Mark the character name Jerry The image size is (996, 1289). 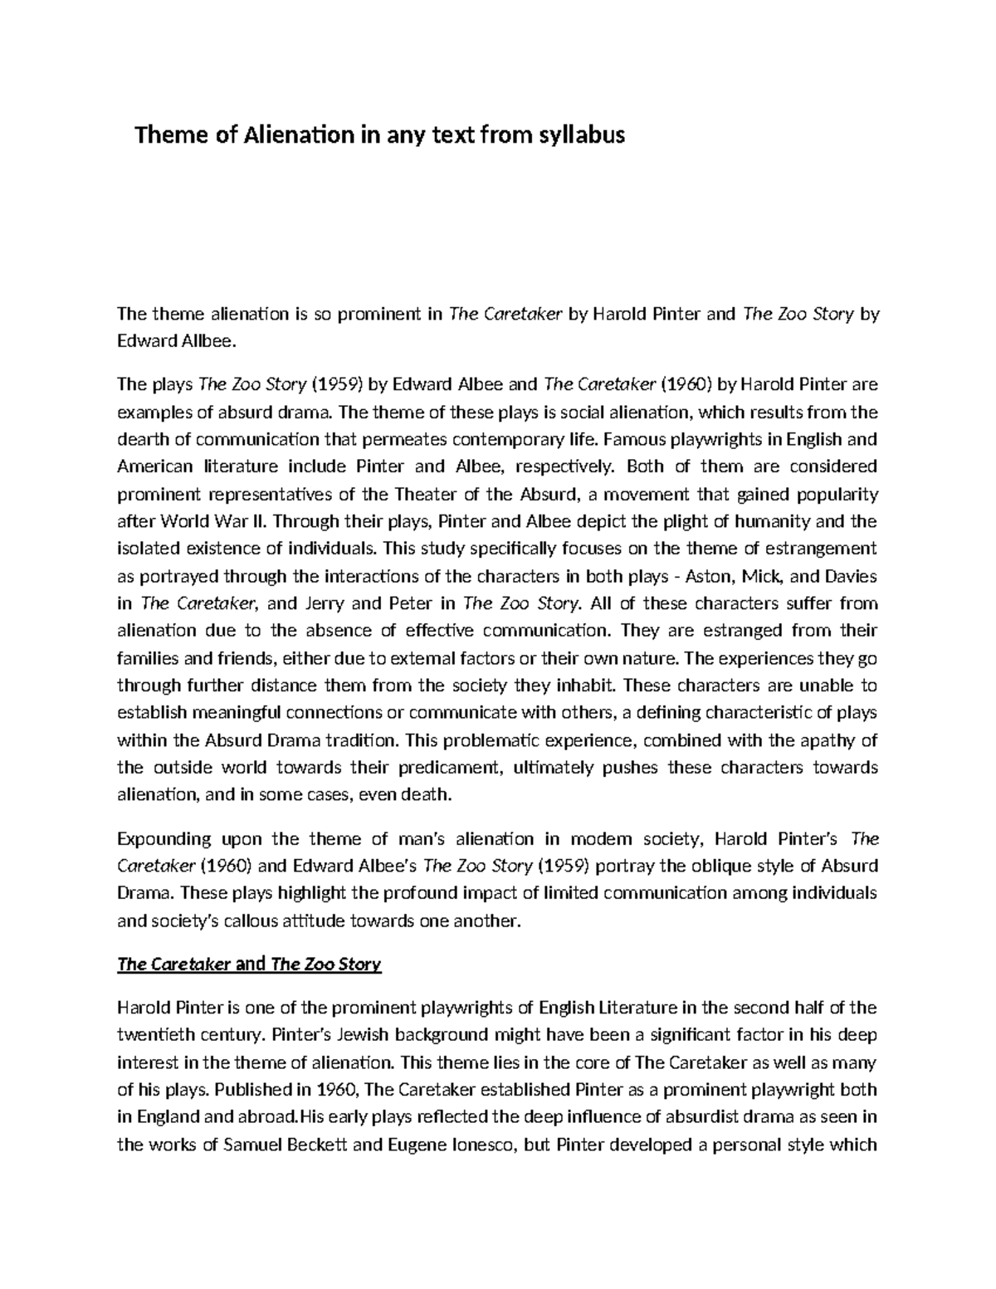[330, 603]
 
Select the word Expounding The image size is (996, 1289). [164, 838]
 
